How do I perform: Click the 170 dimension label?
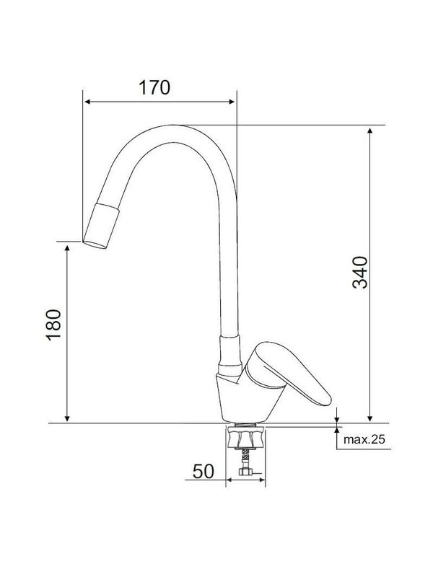(154, 88)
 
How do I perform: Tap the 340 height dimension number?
(360, 273)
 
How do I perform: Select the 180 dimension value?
(53, 325)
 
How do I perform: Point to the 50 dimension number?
(203, 472)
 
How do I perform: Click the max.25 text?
(364, 439)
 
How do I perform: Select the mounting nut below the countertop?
(245, 438)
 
